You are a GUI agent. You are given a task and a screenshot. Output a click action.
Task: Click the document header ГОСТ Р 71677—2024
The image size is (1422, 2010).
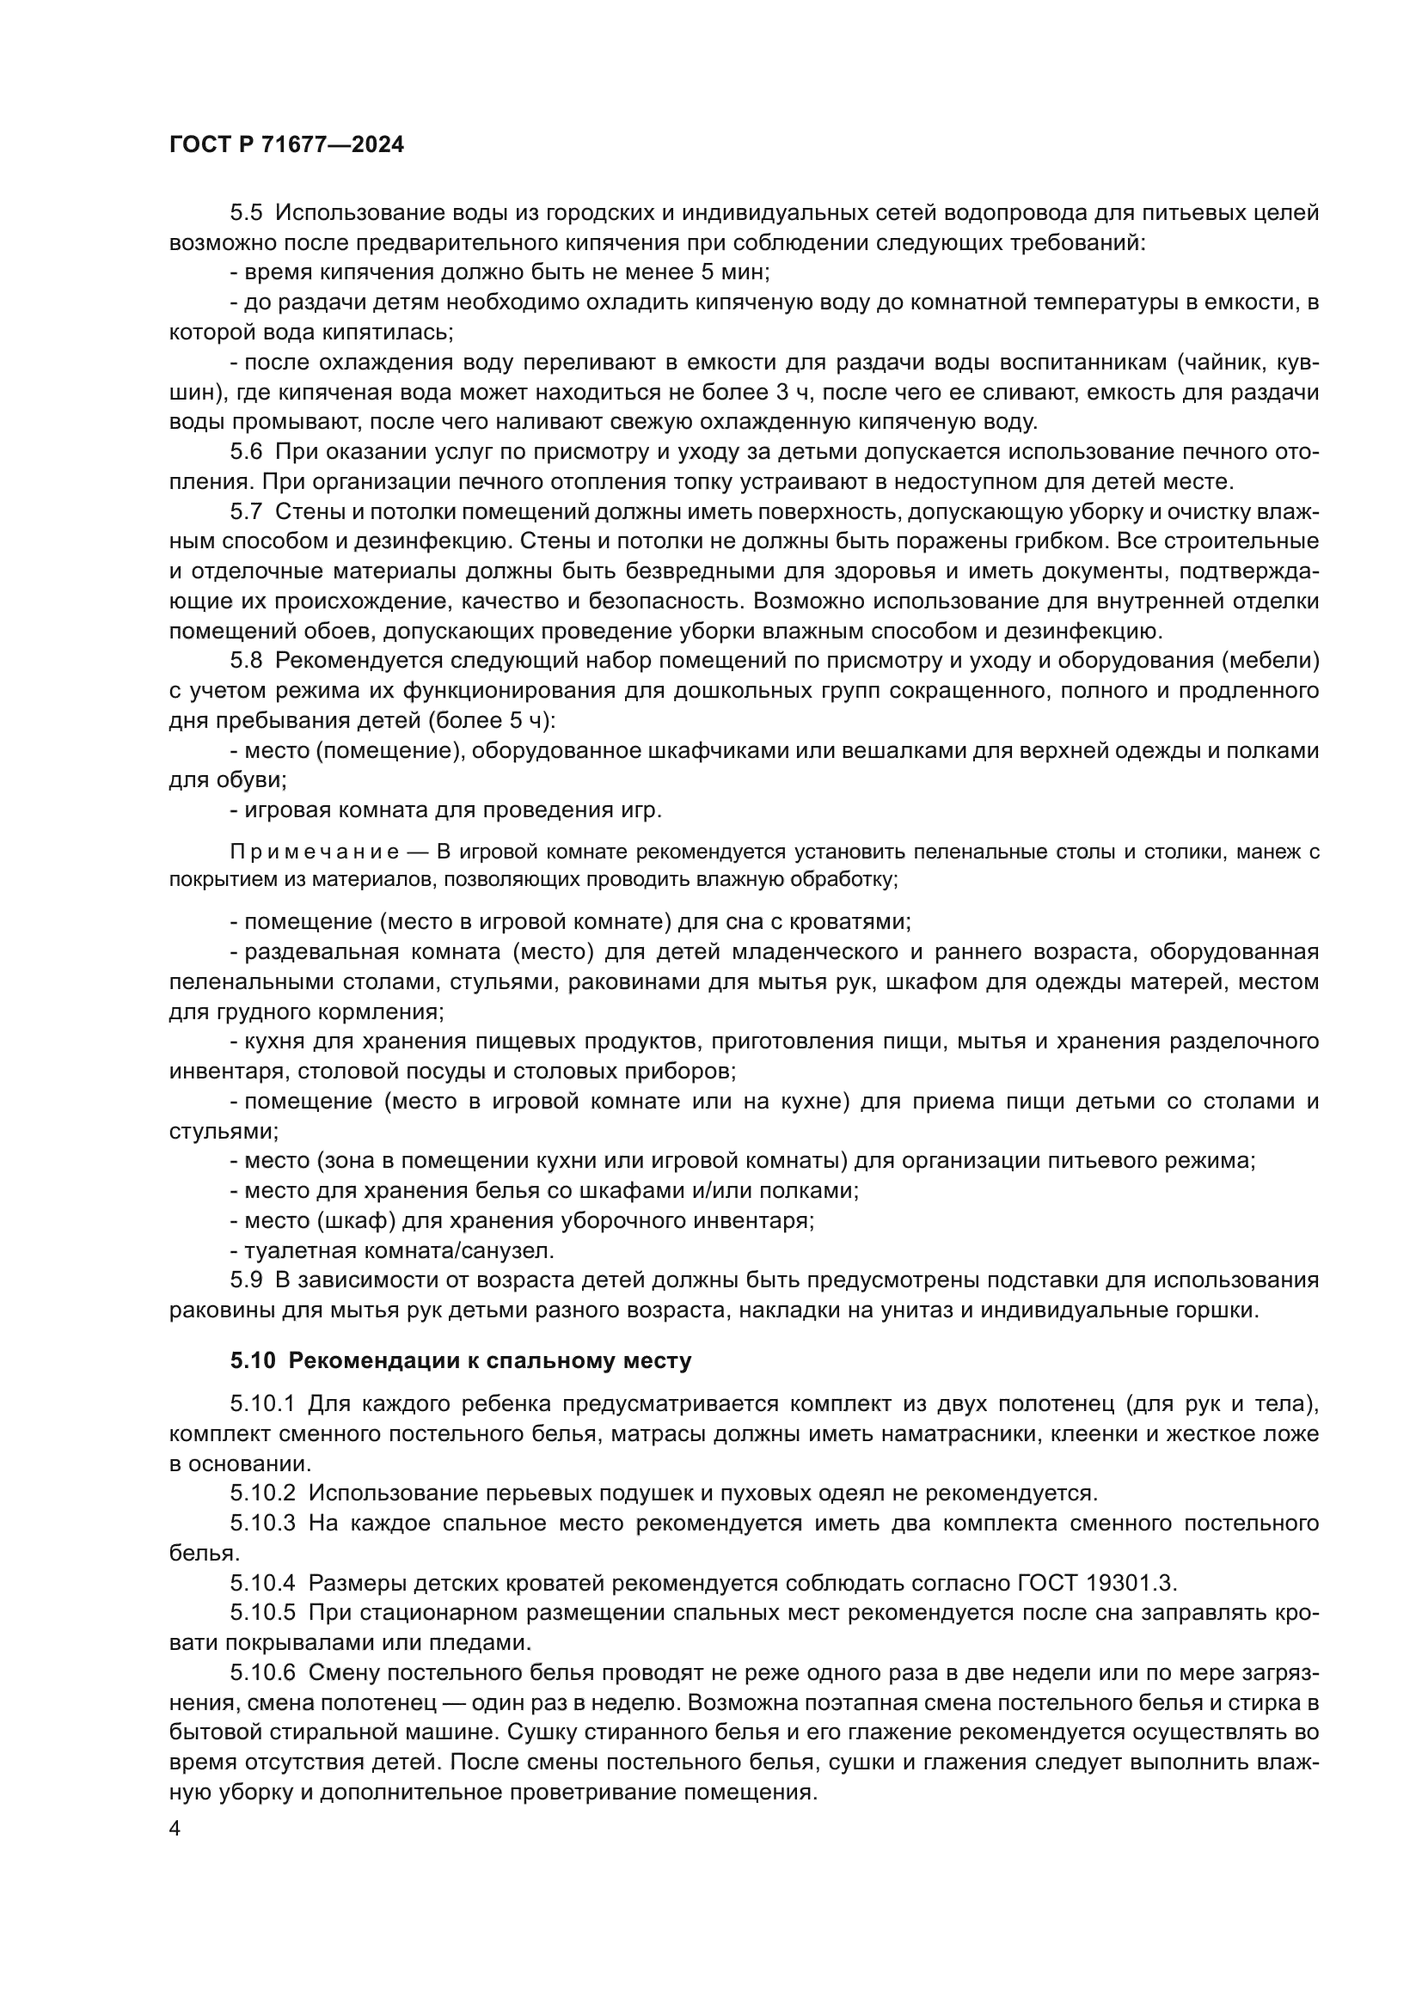point(286,145)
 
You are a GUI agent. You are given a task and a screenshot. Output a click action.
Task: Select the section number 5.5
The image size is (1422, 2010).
point(246,213)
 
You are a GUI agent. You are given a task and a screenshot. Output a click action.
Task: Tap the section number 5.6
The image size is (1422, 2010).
point(246,452)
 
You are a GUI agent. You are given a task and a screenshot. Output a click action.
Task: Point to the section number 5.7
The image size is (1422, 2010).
point(246,511)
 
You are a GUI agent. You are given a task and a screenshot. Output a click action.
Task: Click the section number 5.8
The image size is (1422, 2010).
point(246,659)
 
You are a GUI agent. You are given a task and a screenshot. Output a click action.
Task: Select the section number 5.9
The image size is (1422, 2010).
point(246,1280)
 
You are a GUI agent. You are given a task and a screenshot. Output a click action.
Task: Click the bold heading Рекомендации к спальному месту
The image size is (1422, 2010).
point(489,1360)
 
